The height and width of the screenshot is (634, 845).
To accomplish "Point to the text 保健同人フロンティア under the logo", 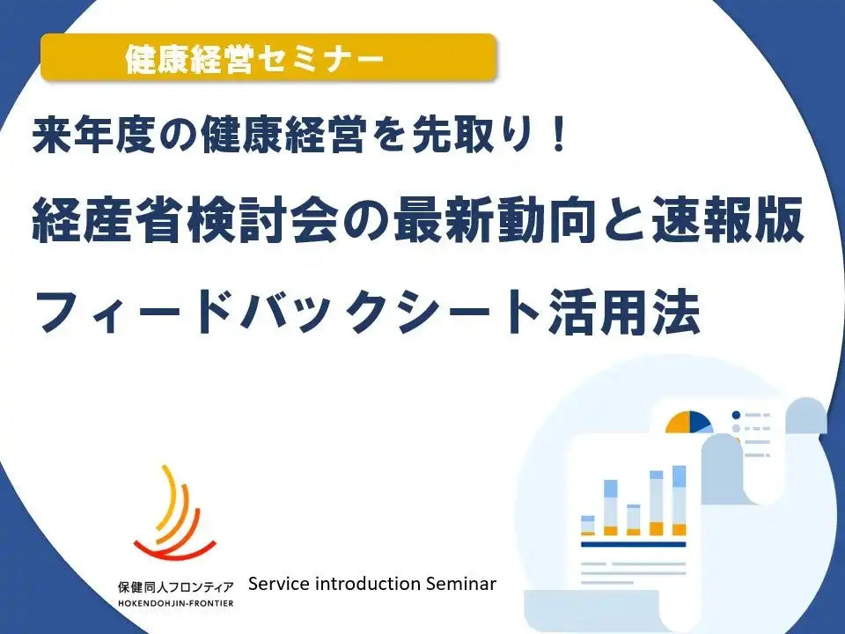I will (175, 586).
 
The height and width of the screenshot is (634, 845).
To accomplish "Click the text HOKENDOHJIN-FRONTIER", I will (175, 603).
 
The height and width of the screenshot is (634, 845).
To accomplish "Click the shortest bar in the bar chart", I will (586, 525).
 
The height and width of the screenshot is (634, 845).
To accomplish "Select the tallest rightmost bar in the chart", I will (679, 500).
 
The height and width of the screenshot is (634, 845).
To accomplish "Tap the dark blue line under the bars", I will (633, 545).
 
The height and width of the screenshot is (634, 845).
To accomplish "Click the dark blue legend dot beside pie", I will (736, 415).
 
